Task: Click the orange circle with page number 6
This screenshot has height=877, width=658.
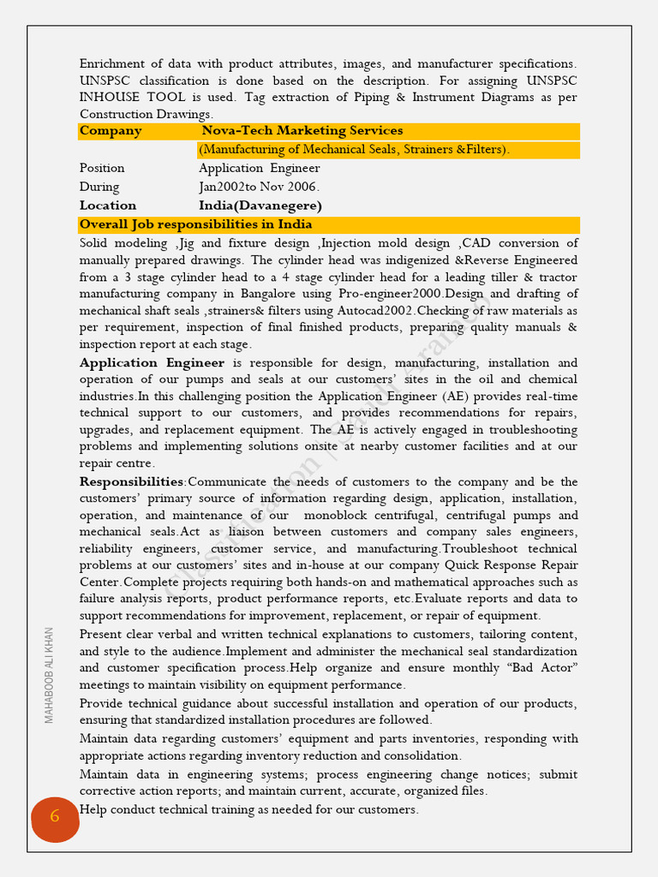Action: [x=55, y=818]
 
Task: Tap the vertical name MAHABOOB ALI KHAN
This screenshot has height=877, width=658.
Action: [x=49, y=675]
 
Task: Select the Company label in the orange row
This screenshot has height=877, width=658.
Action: [x=111, y=131]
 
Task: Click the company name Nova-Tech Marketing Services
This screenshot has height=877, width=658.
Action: [x=302, y=131]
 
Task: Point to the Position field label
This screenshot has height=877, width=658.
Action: [x=102, y=168]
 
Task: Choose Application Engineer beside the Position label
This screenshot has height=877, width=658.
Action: [x=260, y=168]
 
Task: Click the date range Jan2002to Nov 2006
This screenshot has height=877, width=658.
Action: [x=259, y=187]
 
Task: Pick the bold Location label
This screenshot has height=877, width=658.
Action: [x=108, y=206]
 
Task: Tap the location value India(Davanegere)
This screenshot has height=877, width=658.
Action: [x=260, y=206]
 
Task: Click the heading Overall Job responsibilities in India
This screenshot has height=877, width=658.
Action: [x=195, y=224]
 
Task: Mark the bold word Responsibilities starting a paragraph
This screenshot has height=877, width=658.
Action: [x=131, y=482]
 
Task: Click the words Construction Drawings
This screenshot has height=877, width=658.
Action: [x=146, y=114]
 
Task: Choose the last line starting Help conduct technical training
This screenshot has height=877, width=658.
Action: [x=249, y=809]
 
